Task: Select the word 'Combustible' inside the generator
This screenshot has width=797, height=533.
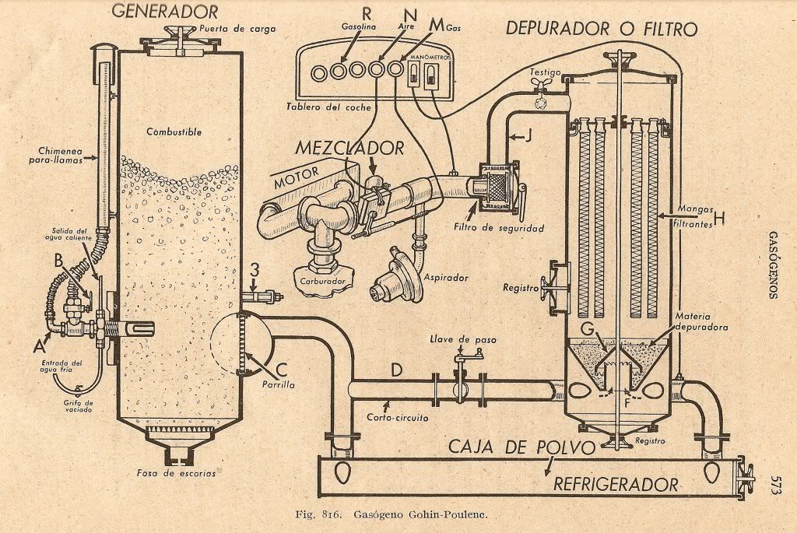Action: (x=174, y=132)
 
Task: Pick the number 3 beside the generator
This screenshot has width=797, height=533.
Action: (x=253, y=270)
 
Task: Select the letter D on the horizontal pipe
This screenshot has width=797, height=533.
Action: (x=396, y=370)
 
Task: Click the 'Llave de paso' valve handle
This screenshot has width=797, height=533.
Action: (x=469, y=355)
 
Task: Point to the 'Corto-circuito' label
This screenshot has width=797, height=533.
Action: (x=398, y=418)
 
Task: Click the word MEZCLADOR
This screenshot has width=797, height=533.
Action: (x=349, y=148)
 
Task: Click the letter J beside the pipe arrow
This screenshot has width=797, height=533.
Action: (x=527, y=137)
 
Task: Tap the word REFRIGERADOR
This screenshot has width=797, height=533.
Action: (x=615, y=484)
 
